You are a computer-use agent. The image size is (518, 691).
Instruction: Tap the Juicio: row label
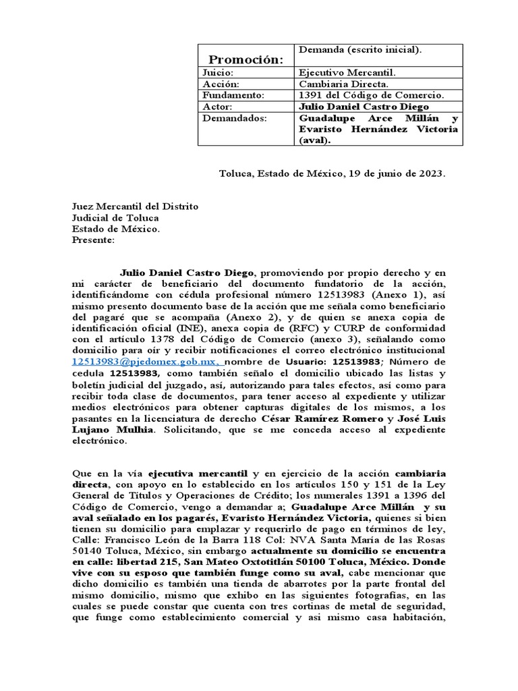(x=217, y=72)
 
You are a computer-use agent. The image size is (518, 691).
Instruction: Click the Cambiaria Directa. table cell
(x=343, y=84)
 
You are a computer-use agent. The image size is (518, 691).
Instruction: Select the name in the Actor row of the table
(x=363, y=107)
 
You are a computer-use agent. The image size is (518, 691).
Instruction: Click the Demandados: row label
(x=231, y=118)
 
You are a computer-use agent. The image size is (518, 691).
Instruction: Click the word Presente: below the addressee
(x=94, y=240)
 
